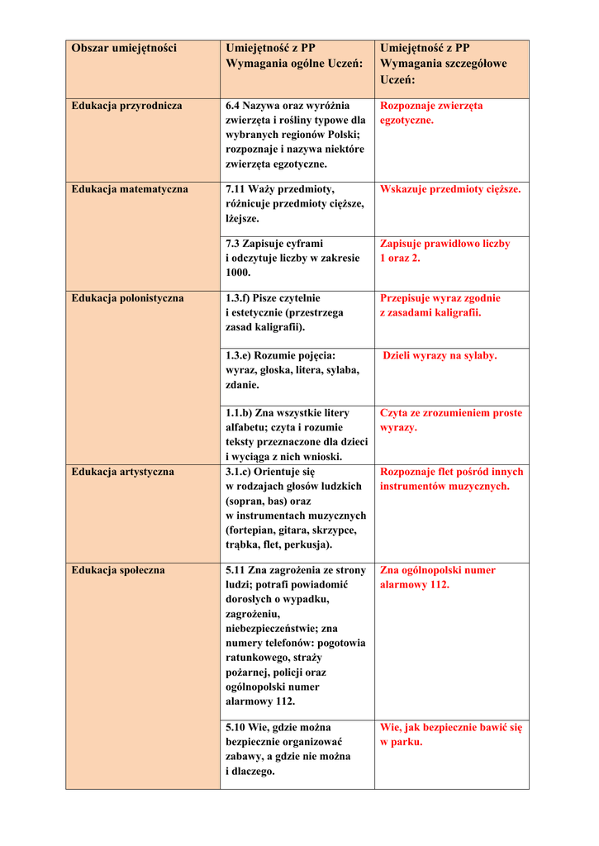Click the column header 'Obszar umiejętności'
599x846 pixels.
point(124,49)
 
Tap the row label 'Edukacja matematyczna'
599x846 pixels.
point(130,189)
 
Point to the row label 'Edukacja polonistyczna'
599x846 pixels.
point(127,298)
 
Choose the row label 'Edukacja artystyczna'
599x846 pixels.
point(122,472)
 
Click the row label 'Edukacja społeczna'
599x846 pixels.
point(117,570)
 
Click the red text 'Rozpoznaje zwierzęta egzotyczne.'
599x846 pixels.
point(431,113)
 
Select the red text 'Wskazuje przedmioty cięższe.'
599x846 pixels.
point(450,189)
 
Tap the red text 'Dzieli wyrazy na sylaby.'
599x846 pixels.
point(440,355)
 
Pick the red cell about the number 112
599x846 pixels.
point(437,577)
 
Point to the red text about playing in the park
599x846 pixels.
point(450,734)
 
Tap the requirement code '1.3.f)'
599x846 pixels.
point(239,298)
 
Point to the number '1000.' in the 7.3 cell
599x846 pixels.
point(238,273)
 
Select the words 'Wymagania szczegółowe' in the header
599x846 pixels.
point(443,64)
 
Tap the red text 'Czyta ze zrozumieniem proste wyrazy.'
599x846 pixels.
point(450,420)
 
